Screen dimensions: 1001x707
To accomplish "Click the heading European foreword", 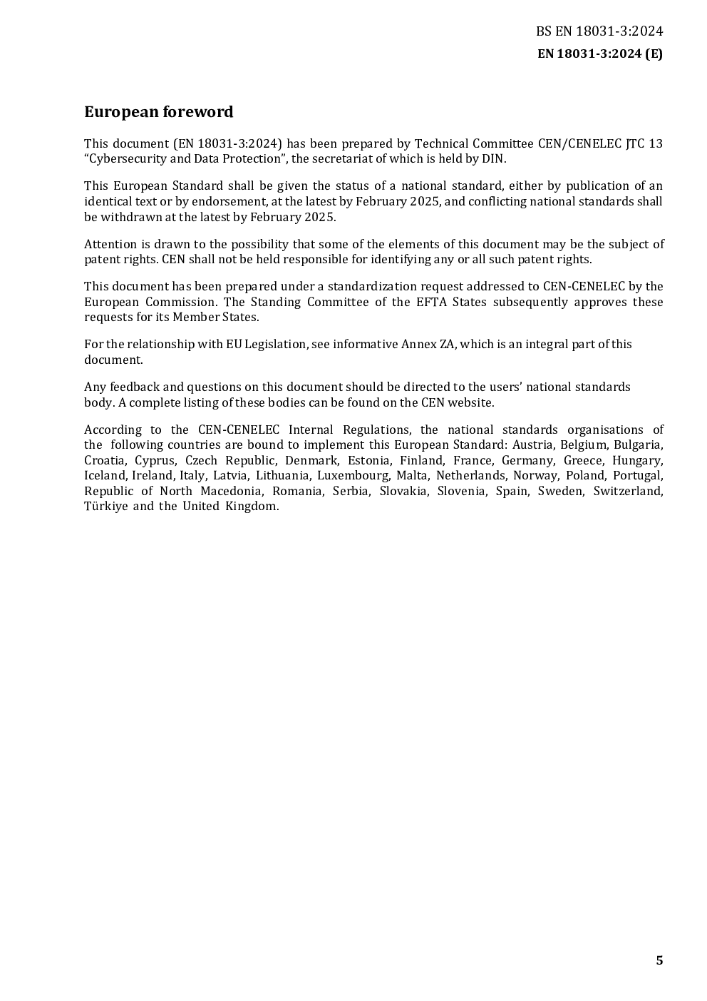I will click(158, 112).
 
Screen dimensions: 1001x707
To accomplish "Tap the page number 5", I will click(659, 960).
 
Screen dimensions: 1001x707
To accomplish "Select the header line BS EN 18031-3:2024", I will click(599, 31).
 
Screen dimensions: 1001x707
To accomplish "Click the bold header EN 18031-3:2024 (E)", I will click(599, 54).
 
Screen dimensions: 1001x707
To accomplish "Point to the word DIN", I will click(494, 159).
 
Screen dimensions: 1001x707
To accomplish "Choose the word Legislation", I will click(276, 344).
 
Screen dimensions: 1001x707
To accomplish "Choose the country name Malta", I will click(412, 475).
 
